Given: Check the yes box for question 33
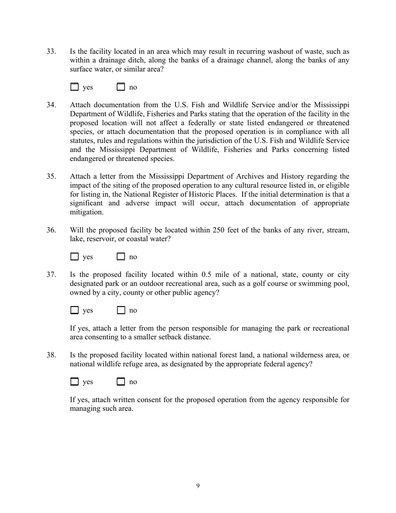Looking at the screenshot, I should [x=74, y=87].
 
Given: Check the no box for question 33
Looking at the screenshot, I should [x=121, y=87].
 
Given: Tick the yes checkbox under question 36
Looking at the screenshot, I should [x=74, y=257].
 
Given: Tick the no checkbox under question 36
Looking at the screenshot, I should [x=121, y=257].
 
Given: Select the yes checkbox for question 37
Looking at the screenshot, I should [x=74, y=310].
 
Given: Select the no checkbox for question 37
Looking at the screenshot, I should [x=121, y=310].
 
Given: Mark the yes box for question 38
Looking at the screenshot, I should [x=74, y=382].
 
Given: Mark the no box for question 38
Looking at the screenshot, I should [x=121, y=382].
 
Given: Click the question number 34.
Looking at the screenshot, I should [x=51, y=105].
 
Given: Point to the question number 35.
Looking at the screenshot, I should [x=51, y=176].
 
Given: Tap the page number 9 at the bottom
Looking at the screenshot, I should [x=198, y=486].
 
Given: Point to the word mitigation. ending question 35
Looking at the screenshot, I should [x=86, y=212].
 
